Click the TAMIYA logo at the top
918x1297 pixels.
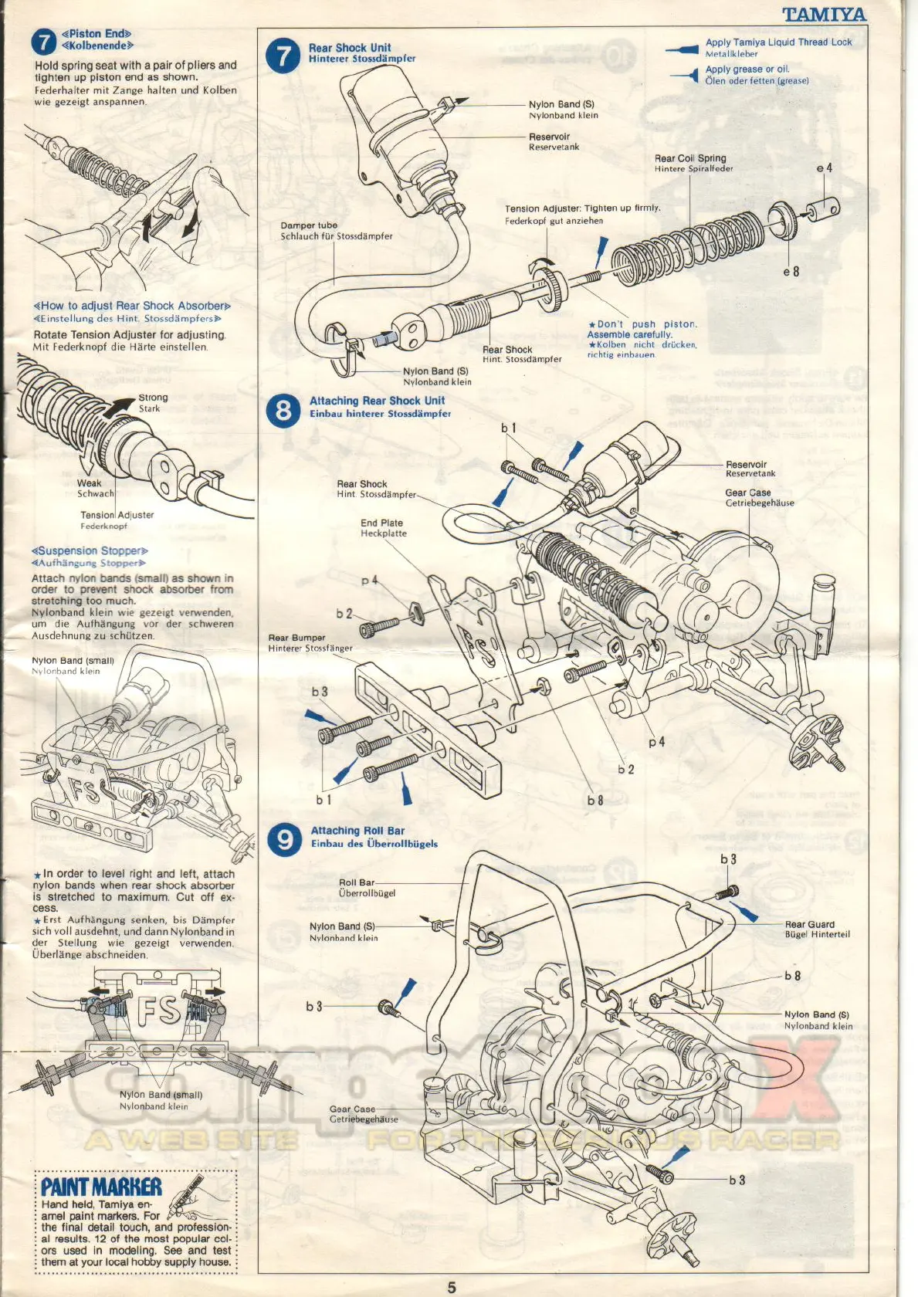point(824,15)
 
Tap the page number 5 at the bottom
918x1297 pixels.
point(452,1286)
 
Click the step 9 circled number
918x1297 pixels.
point(285,839)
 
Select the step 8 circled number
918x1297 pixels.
point(283,409)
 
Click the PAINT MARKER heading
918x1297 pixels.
point(101,1187)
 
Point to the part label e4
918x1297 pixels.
point(825,168)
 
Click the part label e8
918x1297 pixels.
point(791,272)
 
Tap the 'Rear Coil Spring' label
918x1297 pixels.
point(690,158)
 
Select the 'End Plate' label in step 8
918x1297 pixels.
point(381,523)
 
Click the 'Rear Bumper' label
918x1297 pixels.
point(296,638)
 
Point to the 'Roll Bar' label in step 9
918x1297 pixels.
point(356,882)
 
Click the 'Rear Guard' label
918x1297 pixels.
point(809,924)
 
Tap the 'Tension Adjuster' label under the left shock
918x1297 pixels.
point(117,515)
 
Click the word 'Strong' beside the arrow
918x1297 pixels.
point(153,398)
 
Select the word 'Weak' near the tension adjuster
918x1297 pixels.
point(89,483)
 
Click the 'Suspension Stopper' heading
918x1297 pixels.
point(90,551)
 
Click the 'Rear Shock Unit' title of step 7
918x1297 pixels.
point(350,48)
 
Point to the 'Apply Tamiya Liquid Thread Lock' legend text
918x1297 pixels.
point(778,42)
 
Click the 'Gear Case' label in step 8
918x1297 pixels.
point(747,493)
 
